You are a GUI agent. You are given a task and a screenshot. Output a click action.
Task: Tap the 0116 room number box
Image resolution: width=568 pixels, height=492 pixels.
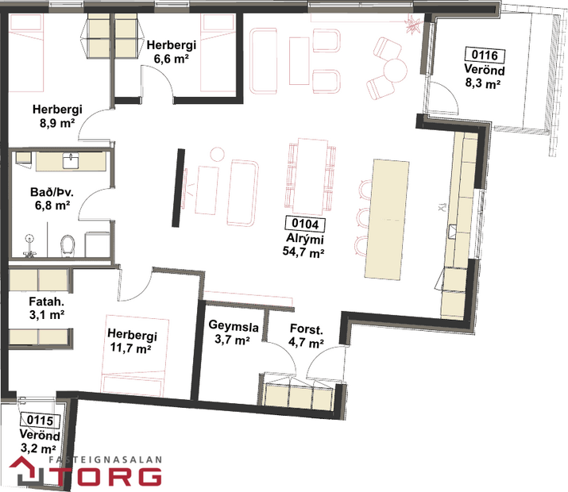tap(484, 55)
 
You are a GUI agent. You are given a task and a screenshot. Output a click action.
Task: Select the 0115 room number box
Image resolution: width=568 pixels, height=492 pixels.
tap(39, 421)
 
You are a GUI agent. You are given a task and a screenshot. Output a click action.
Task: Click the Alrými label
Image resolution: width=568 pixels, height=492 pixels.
tap(304, 239)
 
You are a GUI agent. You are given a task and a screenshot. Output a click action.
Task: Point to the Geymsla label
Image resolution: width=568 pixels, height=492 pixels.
tap(230, 325)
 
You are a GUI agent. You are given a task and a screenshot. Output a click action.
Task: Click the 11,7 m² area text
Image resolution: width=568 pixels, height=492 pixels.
tap(131, 348)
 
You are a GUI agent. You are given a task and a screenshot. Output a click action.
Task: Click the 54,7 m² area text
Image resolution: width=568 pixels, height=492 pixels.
tap(304, 252)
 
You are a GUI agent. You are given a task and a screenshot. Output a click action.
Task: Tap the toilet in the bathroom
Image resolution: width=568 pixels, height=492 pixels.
tap(68, 244)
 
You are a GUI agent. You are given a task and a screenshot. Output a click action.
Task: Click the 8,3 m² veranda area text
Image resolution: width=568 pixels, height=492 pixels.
tap(484, 82)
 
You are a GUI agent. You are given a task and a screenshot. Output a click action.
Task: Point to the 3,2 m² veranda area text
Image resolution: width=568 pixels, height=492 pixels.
tap(39, 448)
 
